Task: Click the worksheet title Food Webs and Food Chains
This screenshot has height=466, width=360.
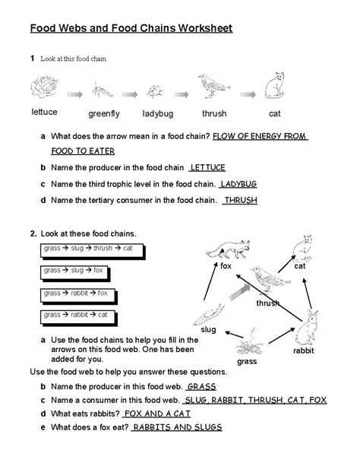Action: [x=131, y=29]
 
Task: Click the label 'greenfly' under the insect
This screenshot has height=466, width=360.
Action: [x=104, y=114]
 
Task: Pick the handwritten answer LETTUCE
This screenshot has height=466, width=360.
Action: [x=207, y=167]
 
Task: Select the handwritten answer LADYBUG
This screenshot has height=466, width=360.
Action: [x=238, y=184]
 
